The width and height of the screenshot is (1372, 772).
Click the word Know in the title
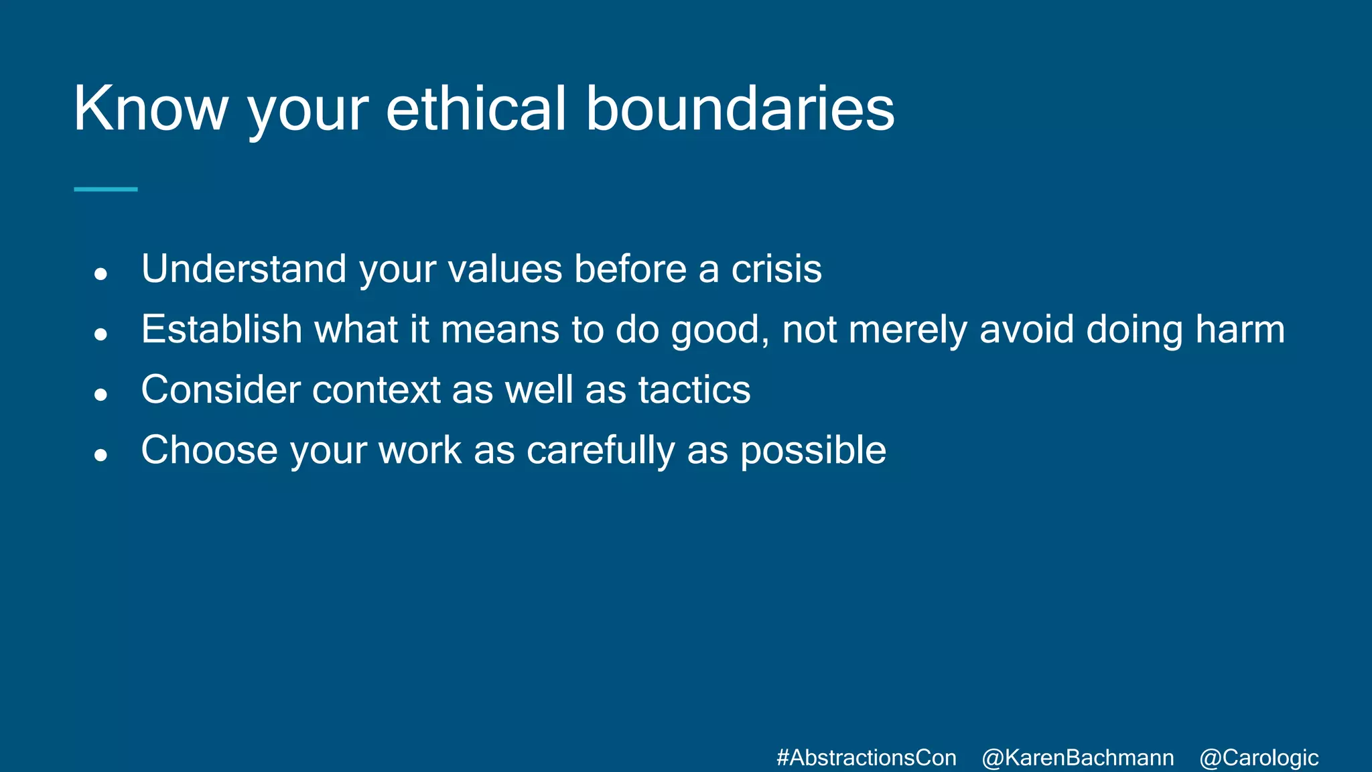coord(151,109)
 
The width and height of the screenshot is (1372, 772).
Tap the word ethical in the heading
coord(476,109)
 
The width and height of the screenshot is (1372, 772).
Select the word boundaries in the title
coord(740,109)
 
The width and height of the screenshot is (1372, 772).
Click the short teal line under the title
coord(106,190)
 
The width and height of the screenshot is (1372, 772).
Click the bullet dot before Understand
coord(101,273)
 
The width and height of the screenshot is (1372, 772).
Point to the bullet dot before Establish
coord(101,334)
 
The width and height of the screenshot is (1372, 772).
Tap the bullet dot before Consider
coord(101,394)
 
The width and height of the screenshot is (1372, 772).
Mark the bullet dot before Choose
coord(101,455)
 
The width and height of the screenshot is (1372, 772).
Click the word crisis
coord(776,269)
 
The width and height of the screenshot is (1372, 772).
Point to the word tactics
coord(694,390)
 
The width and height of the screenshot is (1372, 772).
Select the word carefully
coord(600,450)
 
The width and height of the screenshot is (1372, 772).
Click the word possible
coord(813,450)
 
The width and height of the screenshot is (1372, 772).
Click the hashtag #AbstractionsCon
coord(866,758)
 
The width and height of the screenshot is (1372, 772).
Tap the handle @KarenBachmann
coord(1077,758)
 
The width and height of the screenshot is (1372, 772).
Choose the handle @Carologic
coord(1259,758)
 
